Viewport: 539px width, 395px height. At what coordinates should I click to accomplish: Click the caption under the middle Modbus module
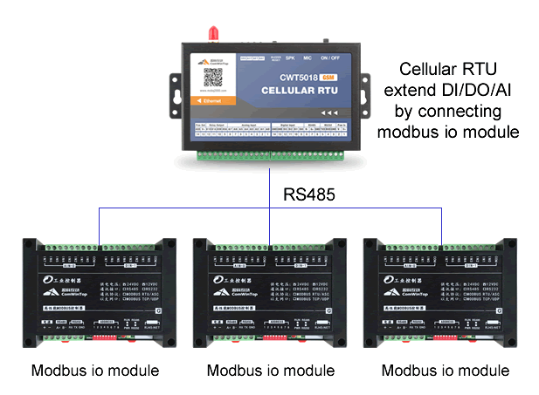[270, 370]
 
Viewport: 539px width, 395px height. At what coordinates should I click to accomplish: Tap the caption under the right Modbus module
[446, 370]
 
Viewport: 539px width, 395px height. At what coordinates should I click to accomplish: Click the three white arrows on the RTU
[328, 113]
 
